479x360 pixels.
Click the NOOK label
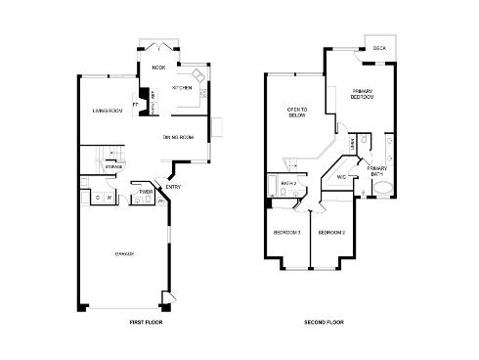pos(158,67)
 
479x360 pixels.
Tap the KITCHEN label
pos(182,88)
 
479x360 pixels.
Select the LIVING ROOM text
pos(107,110)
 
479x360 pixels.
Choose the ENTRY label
pos(172,187)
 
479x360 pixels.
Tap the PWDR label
pos(145,192)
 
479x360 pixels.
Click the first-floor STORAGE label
pos(114,167)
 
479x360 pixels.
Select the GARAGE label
pos(124,253)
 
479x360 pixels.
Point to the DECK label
pos(378,48)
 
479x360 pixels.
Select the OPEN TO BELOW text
pos(296,112)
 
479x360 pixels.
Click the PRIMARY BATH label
pos(377,170)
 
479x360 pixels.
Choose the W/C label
pos(342,177)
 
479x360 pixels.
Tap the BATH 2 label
pos(288,183)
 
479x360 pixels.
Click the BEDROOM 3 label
pos(286,233)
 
